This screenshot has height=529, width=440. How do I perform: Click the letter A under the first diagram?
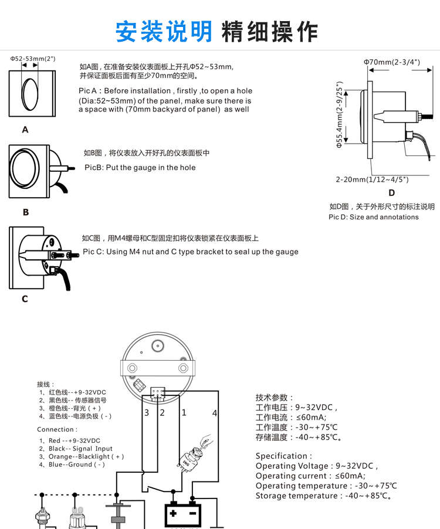pyautogui.click(x=25, y=130)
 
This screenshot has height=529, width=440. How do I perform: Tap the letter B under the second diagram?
pyautogui.click(x=25, y=212)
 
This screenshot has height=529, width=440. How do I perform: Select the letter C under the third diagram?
pyautogui.click(x=25, y=299)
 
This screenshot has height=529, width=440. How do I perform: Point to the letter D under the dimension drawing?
pyautogui.click(x=391, y=192)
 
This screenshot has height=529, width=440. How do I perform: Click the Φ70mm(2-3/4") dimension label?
pyautogui.click(x=391, y=62)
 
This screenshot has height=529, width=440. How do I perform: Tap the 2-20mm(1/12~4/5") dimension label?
pyautogui.click(x=372, y=179)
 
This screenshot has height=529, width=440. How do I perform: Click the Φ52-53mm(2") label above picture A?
pyautogui.click(x=33, y=59)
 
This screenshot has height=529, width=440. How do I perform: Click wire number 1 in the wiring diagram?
pyautogui.click(x=184, y=412)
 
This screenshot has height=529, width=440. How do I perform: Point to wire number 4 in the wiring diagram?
pyautogui.click(x=215, y=413)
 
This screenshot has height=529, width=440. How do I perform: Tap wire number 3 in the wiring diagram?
pyautogui.click(x=147, y=412)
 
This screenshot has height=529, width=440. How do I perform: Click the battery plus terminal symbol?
pyautogui.click(x=174, y=514)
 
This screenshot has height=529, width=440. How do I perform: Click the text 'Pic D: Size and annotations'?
pyautogui.click(x=373, y=217)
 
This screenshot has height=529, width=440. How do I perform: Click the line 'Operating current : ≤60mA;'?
pyautogui.click(x=310, y=476)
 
